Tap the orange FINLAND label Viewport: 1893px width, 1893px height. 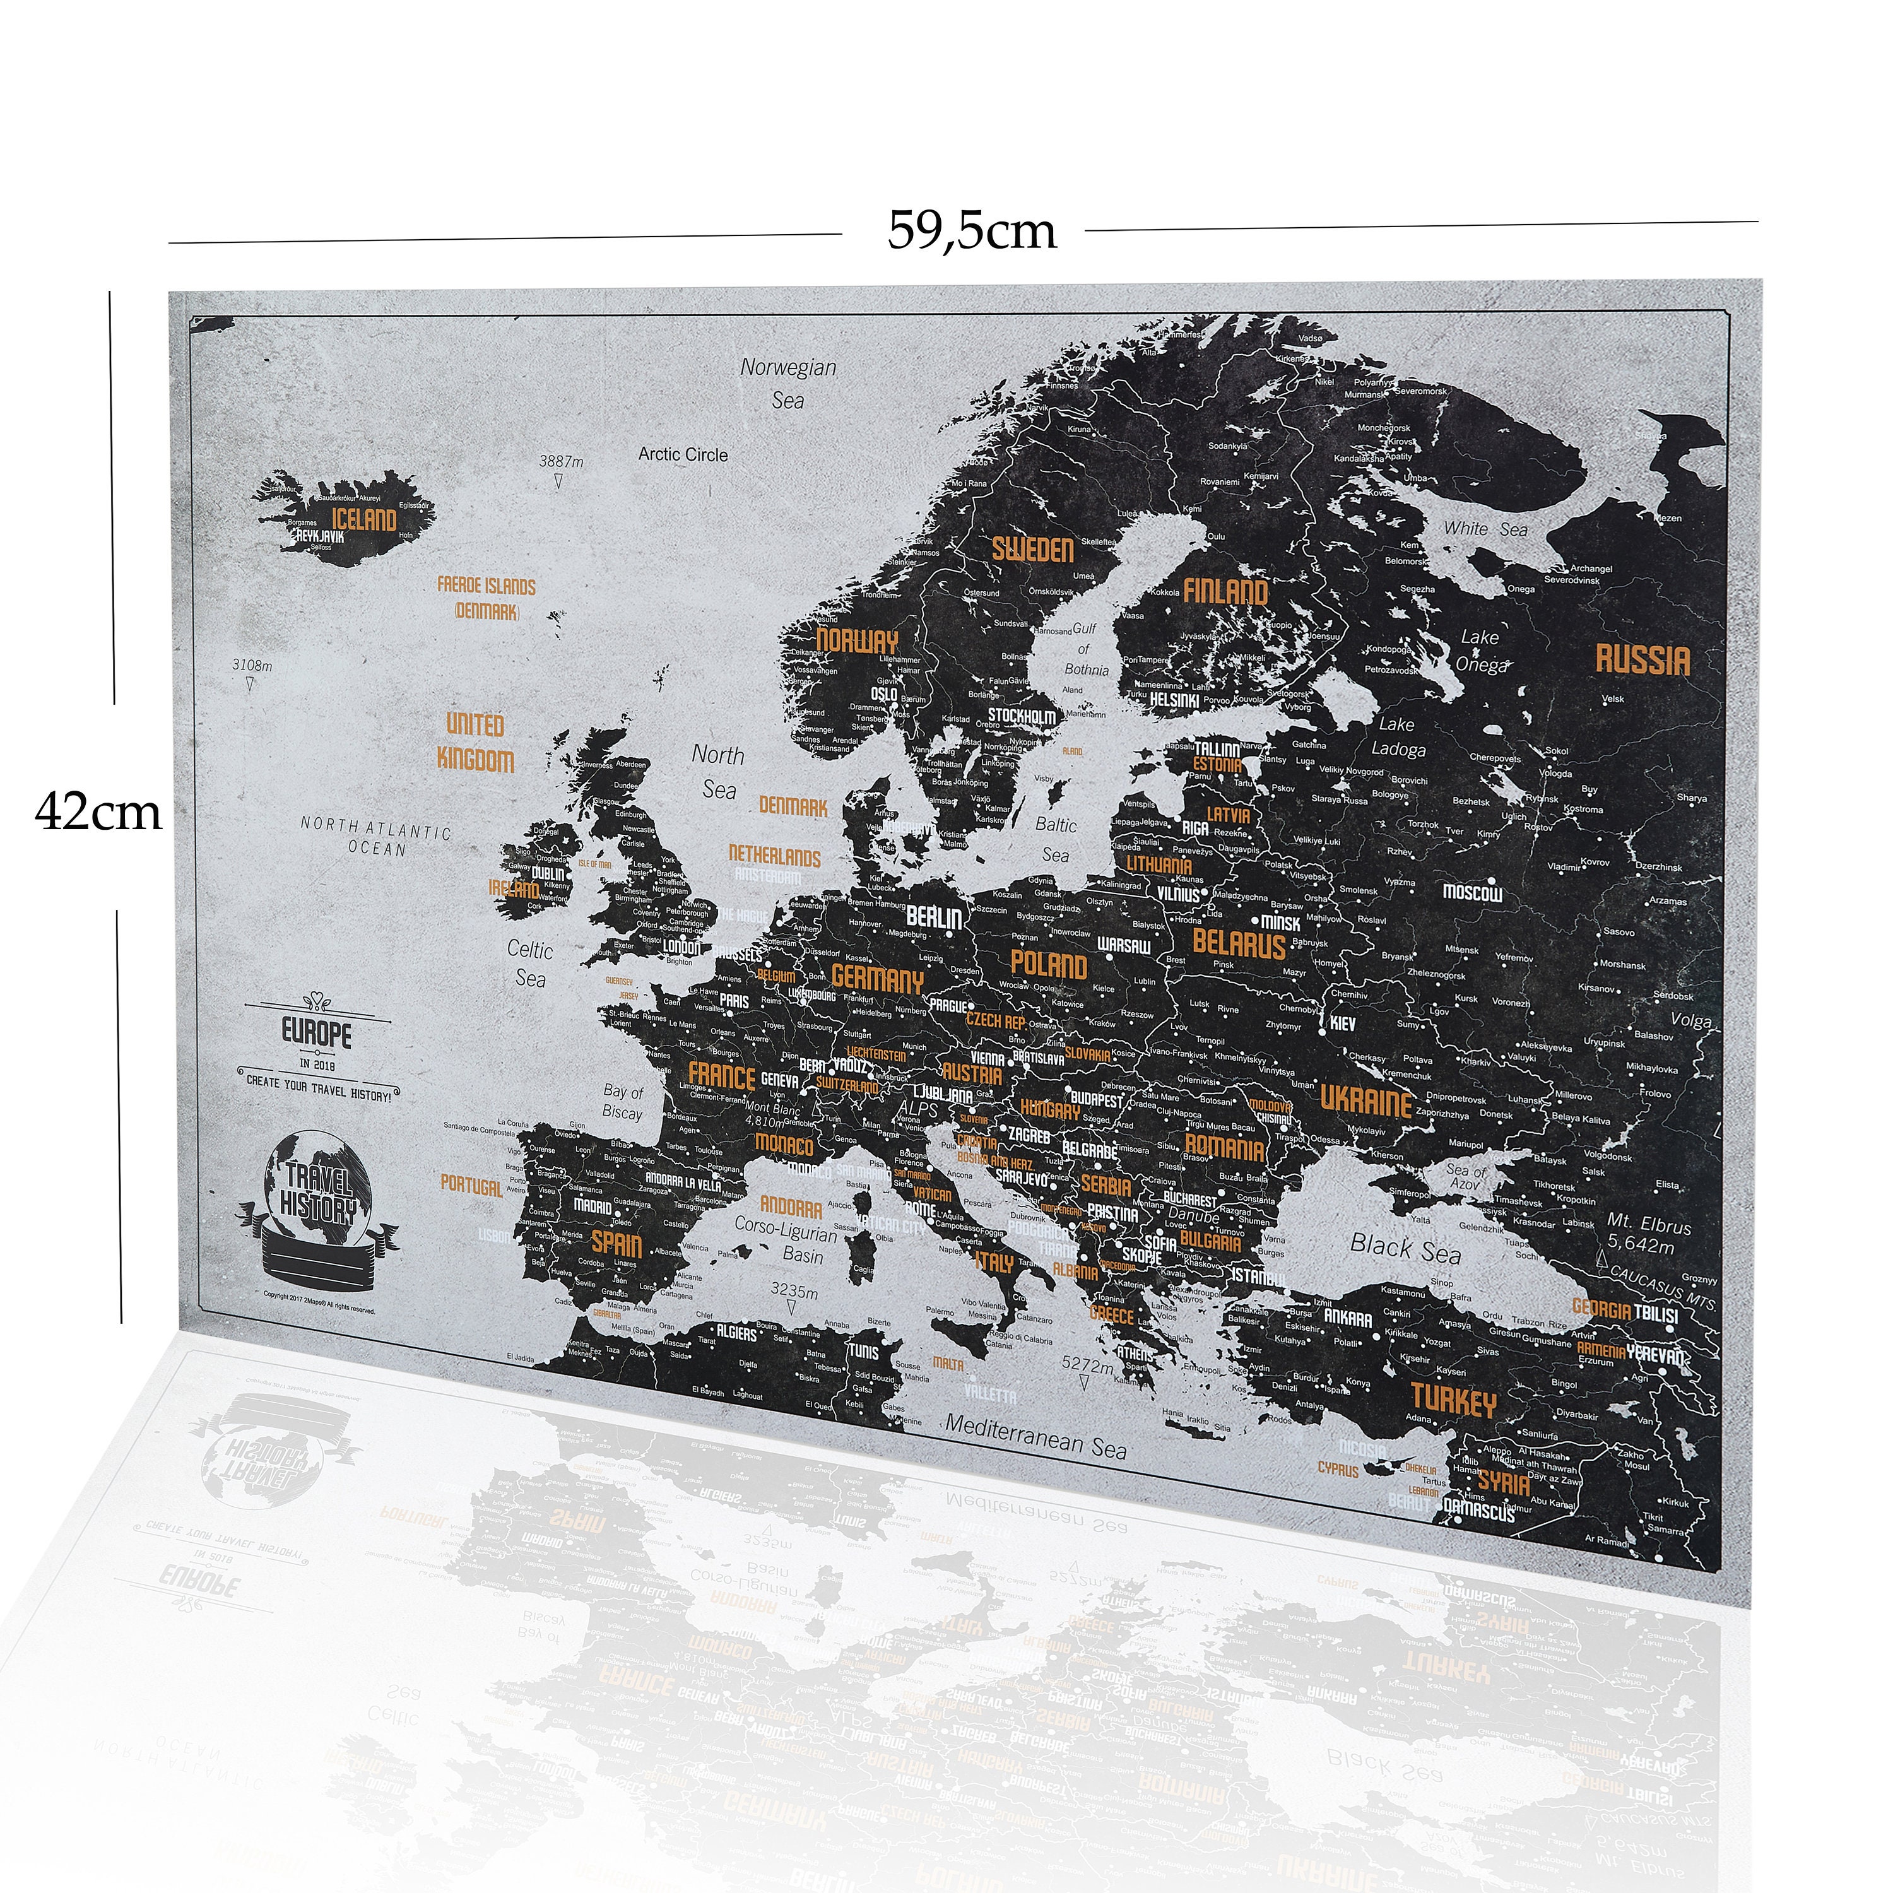click(x=1225, y=591)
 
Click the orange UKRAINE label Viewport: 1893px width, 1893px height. click(x=1366, y=1100)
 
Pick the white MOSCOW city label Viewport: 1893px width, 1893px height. click(x=1471, y=893)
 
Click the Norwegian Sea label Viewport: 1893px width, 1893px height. click(x=787, y=383)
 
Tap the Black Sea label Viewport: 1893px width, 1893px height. click(x=1405, y=1248)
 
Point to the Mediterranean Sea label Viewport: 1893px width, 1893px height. click(x=1035, y=1436)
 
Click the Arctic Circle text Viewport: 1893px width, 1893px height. click(x=683, y=454)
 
